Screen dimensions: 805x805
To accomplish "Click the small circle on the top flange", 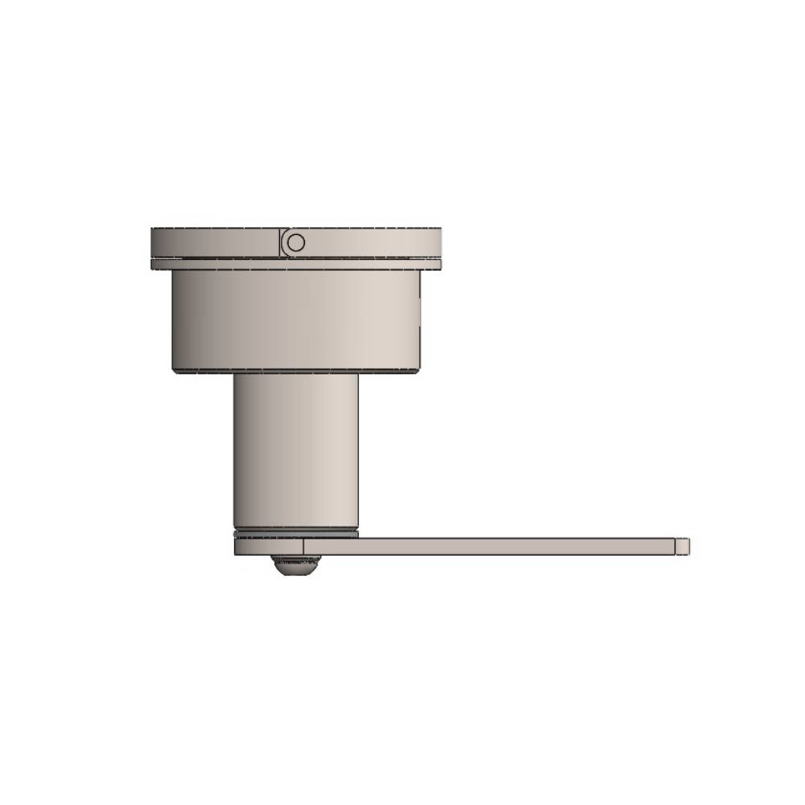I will [295, 242].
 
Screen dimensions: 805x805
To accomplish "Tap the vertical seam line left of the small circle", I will [281, 242].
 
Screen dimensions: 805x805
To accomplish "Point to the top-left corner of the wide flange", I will [152, 229].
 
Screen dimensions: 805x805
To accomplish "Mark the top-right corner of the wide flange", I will [440, 229].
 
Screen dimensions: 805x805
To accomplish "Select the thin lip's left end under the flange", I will [153, 264].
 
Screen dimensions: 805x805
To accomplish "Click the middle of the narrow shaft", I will [295, 451].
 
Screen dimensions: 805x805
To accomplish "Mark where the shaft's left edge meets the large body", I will [234, 375].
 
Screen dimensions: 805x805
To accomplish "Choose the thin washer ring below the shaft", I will [295, 533].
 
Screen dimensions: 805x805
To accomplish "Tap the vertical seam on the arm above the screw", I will [303, 547].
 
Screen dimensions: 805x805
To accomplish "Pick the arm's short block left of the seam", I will [268, 547].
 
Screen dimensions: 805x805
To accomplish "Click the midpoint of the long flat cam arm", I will [491, 547].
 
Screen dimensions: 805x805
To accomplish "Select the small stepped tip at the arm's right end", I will [683, 546].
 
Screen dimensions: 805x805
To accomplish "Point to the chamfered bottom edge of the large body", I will [295, 370].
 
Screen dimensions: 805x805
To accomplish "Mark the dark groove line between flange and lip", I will [295, 258].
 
